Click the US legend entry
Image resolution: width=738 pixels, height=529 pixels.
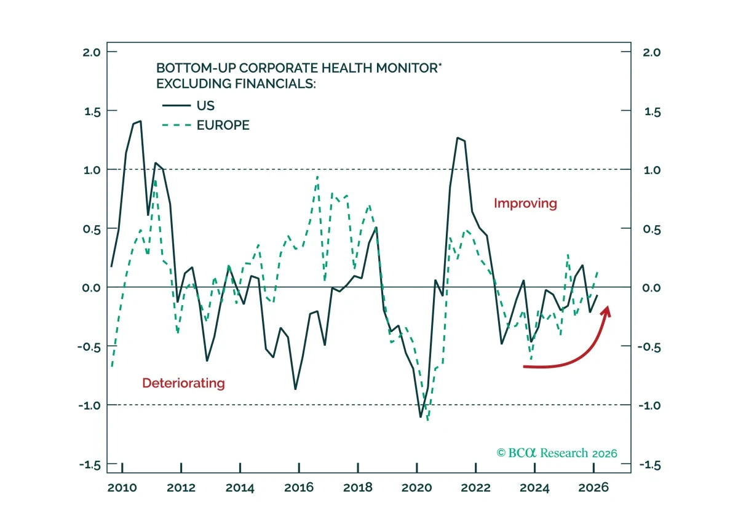[188, 105]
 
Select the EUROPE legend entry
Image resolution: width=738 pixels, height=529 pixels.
[205, 125]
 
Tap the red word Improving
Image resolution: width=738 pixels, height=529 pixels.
[525, 204]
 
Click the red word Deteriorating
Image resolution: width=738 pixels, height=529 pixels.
[183, 383]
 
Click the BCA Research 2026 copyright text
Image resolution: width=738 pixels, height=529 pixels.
[557, 453]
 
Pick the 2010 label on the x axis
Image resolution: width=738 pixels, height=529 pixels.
[122, 488]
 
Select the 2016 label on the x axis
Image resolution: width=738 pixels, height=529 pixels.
[299, 488]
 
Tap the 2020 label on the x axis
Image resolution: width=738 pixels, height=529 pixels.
[417, 488]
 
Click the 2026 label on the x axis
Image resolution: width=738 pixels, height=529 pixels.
[593, 488]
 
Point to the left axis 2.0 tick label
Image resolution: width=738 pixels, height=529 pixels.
[92, 52]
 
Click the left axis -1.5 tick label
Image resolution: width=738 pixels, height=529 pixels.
[90, 465]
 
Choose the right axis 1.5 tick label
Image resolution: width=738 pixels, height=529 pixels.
[653, 112]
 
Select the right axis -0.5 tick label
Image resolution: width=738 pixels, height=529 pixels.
[649, 347]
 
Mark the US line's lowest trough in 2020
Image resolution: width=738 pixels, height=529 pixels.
[421, 417]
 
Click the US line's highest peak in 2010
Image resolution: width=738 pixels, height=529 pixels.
[141, 121]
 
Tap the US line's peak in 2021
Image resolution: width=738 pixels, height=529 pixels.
[458, 138]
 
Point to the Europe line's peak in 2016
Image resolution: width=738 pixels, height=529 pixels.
[317, 177]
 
